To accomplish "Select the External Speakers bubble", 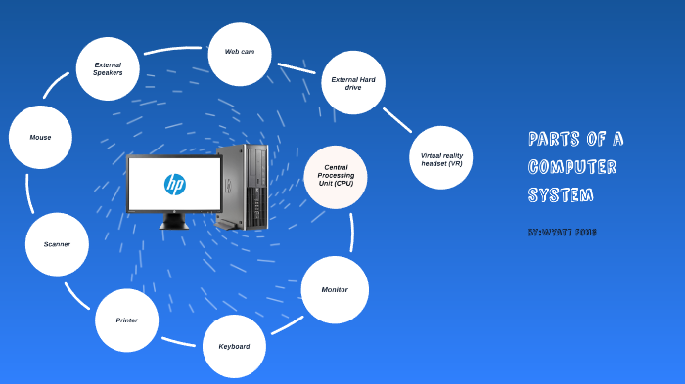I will pos(108,68).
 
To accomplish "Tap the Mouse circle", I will pos(40,137).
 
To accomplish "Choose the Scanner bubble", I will pos(57,244).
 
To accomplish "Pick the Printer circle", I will pos(126,320).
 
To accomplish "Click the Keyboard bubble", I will pos(234,346).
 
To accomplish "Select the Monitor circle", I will pos(335,290).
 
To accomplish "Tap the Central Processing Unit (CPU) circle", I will pos(336,177).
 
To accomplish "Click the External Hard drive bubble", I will pos(353,83).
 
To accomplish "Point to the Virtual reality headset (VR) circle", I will pos(440,157).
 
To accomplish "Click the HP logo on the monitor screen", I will pos(174,184).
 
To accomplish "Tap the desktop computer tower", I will pos(243,186).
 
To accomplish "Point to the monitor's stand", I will pos(173,221).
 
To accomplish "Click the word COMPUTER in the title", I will pos(572,167).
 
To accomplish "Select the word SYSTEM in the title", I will pos(561,194).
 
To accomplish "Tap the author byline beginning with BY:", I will pos(562,233).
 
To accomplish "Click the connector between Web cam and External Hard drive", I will pos(297,68).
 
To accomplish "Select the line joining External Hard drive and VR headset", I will pos(396,119).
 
